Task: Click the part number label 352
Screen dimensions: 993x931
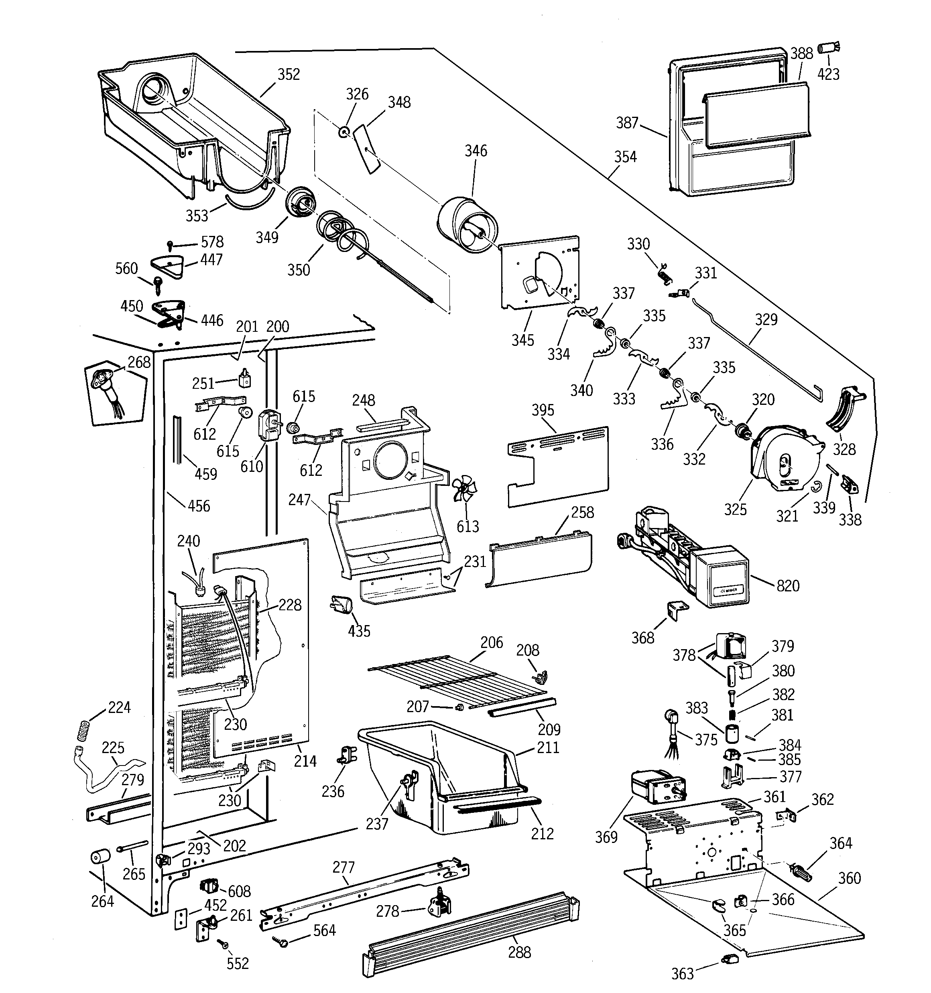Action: point(289,75)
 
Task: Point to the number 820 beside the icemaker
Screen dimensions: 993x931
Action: point(788,586)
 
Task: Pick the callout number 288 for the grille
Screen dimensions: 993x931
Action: point(519,952)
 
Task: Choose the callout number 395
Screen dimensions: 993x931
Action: point(543,410)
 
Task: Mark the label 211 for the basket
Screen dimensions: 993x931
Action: point(548,748)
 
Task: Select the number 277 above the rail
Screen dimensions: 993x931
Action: point(344,867)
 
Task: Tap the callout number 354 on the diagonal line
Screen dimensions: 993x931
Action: point(625,157)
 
